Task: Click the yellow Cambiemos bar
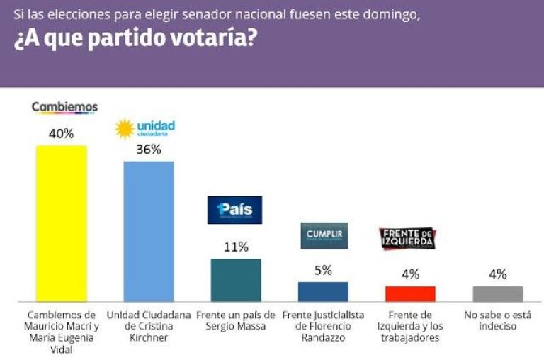coord(61,223)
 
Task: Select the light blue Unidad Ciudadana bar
coord(149,231)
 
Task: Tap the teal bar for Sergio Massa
coord(236,280)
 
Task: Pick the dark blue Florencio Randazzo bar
coord(323,291)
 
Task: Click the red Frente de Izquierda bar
coord(410,293)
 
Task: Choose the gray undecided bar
coord(497,293)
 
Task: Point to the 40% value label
coord(61,133)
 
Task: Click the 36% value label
coord(149,150)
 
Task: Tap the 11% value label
coord(236,247)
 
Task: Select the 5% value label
coord(323,269)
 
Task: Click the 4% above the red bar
coord(410,274)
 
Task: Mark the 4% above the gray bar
coord(497,274)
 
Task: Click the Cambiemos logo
coord(64,107)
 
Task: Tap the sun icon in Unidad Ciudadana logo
coord(125,128)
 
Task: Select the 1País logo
coord(234,210)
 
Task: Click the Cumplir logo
coord(324,235)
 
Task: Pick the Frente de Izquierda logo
coord(407,239)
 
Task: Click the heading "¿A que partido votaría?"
coord(135,40)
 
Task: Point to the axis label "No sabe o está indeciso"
coord(497,320)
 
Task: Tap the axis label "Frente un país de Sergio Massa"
coord(236,320)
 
